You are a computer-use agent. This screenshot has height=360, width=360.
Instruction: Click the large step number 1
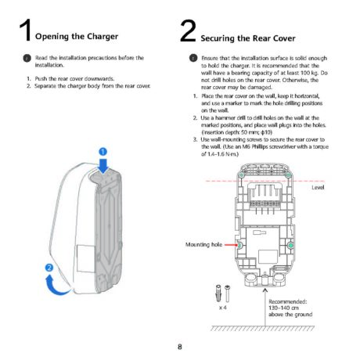click(x=26, y=31)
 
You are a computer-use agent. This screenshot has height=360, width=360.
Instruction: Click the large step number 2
click(x=188, y=31)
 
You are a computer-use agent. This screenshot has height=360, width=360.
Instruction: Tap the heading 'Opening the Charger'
click(x=77, y=37)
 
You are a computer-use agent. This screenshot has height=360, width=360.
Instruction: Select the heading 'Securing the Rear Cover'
click(x=248, y=38)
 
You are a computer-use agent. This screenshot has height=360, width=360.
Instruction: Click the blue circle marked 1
click(x=103, y=152)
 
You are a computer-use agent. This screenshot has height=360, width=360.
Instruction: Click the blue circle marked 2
click(x=49, y=268)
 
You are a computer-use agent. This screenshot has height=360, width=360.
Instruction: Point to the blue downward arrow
click(x=103, y=166)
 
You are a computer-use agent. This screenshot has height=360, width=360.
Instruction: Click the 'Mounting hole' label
click(x=203, y=245)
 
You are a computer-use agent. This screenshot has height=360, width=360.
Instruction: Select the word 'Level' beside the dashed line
click(x=318, y=187)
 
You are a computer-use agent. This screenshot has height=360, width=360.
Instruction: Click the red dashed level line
click(x=265, y=181)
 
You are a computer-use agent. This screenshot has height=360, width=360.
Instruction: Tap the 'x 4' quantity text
click(x=222, y=308)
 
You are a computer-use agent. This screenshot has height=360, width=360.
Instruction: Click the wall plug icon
click(x=218, y=293)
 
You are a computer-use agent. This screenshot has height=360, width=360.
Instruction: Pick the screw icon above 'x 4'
click(x=227, y=293)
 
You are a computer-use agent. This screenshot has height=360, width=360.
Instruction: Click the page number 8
click(x=180, y=347)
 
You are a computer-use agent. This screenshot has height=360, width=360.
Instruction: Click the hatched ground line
click(x=262, y=328)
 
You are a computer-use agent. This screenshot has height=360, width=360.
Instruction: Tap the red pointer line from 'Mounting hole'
click(x=231, y=245)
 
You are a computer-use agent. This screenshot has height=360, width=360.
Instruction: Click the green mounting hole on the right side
click(x=290, y=245)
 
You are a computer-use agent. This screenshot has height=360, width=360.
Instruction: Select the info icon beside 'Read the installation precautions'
click(x=27, y=58)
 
